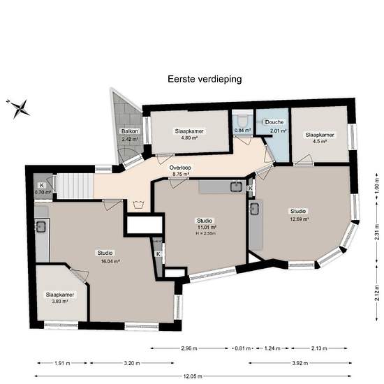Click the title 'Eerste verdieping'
205,79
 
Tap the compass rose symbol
19,108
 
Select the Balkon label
130,131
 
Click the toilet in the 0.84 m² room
243,121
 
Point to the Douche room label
274,122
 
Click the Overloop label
180,168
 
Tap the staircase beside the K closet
75,186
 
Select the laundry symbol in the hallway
138,205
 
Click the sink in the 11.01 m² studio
236,186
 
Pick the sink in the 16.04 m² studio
40,226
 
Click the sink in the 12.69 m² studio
255,209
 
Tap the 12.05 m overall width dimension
193,376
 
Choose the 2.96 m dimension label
189,348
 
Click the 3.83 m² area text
59,301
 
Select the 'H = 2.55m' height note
205,233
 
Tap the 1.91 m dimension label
62,363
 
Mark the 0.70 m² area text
43,192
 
